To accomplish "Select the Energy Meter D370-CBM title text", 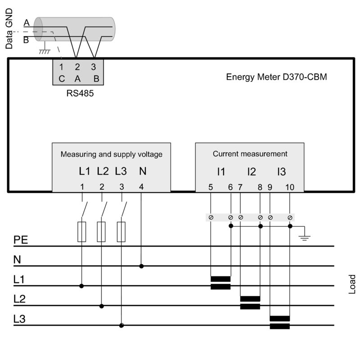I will click(276, 76).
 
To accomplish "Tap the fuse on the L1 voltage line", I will click(81, 232).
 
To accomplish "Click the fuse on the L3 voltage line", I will click(121, 232).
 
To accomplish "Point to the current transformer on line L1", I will click(220, 283).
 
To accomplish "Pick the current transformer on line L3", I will click(279, 322).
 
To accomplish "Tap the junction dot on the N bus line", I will click(141, 266).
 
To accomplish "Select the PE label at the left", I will click(21, 240).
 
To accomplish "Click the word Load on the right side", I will click(352, 284).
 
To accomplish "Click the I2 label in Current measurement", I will click(251, 171).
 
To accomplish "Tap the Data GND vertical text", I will click(9, 28).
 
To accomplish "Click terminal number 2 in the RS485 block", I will click(77, 67).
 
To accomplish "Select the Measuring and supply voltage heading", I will click(112, 154).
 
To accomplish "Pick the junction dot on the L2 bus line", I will click(102, 306).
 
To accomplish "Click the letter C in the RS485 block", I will click(62, 79).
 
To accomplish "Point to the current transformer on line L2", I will click(250, 302).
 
